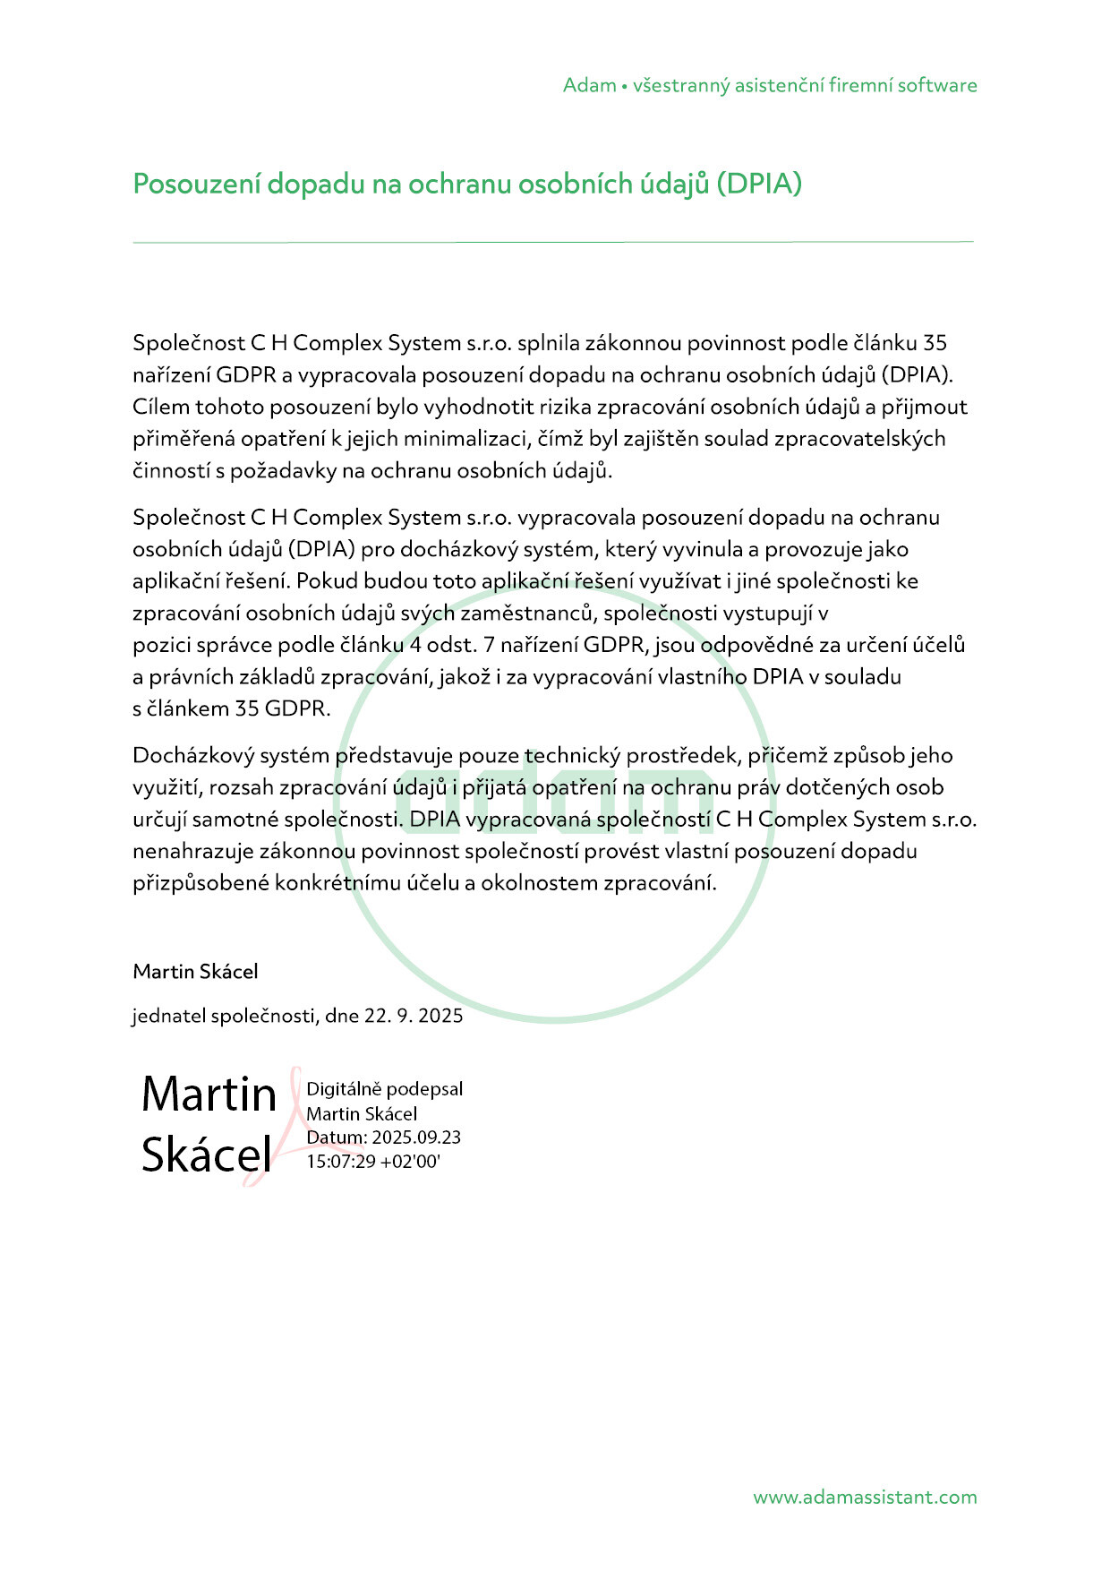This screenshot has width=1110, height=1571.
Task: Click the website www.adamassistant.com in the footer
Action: coord(865,1498)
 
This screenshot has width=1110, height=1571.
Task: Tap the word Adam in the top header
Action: coord(589,86)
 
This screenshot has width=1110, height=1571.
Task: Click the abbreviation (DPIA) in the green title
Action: coord(758,185)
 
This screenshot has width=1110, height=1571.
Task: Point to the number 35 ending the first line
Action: coord(935,343)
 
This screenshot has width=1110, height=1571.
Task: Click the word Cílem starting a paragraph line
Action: coord(161,407)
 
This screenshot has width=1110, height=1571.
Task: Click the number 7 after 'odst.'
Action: coord(489,645)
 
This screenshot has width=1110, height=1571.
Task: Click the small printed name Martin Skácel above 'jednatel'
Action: coord(195,972)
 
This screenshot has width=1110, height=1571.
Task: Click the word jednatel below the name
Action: coord(168,1016)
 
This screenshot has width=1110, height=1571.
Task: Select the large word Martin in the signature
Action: coord(209,1095)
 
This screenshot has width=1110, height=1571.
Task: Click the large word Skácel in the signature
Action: coord(206,1155)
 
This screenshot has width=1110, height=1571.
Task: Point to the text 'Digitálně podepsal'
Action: coord(385,1089)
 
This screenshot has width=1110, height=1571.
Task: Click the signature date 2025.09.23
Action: coord(416,1137)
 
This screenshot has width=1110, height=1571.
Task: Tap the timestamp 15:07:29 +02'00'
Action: coord(373,1163)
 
